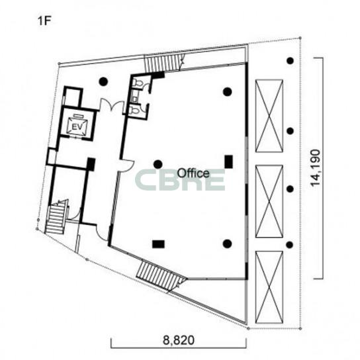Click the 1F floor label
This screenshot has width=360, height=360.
(x=44, y=21)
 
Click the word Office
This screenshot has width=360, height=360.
(x=193, y=173)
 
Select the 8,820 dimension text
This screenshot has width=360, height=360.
(x=179, y=340)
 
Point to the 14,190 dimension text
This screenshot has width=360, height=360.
(x=315, y=167)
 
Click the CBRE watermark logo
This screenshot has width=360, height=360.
(x=180, y=180)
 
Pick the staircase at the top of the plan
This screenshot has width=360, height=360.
(x=163, y=63)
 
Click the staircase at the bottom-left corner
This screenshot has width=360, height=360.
(x=56, y=217)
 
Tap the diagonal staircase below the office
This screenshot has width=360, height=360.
(x=161, y=275)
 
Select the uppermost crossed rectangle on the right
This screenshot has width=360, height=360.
(x=269, y=116)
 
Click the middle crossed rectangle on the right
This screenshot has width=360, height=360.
(x=269, y=201)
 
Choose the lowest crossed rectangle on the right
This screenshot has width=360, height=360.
(x=269, y=287)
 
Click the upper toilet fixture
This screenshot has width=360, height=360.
(x=137, y=83)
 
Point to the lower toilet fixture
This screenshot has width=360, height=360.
(x=135, y=111)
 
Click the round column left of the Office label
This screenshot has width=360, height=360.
(x=158, y=164)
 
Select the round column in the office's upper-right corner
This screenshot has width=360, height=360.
(x=227, y=91)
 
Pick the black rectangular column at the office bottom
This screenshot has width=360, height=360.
(x=158, y=244)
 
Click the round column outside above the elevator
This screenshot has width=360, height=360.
(x=103, y=81)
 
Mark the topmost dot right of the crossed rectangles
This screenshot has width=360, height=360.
(x=291, y=61)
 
